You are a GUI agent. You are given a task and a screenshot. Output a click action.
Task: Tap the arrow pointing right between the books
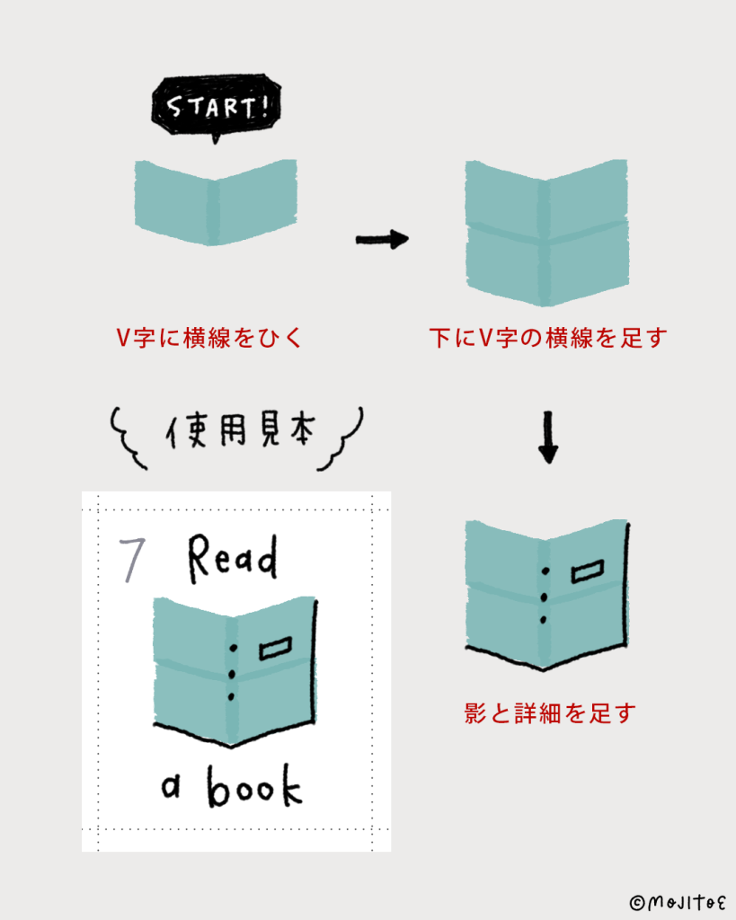(x=382, y=239)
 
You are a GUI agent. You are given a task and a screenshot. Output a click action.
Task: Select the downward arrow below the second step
(x=547, y=438)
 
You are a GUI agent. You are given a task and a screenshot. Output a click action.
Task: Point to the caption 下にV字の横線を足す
(x=547, y=339)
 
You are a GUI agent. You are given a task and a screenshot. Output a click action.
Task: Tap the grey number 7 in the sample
(x=132, y=560)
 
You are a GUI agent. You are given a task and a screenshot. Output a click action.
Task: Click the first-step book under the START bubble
(x=216, y=200)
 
